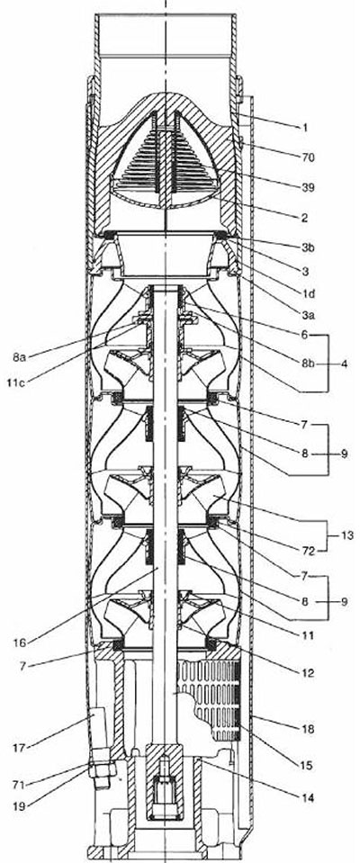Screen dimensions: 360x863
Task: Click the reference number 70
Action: coord(309,158)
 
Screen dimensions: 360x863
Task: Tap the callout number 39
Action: coord(309,188)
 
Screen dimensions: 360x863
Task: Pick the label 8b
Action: coord(309,364)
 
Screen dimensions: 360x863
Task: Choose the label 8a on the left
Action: coord(19,358)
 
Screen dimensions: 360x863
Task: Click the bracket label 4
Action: coord(344,364)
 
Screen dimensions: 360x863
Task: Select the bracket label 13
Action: coord(347,535)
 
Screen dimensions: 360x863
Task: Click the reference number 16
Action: coord(20,642)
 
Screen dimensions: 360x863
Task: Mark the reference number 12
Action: coord(309,672)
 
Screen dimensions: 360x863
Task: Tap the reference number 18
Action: coord(309,729)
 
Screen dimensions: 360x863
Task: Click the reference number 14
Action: coord(309,797)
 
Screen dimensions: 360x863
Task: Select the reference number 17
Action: coord(20,748)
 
